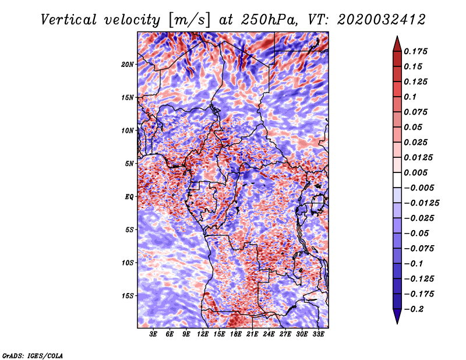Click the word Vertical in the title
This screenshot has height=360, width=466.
coord(69,20)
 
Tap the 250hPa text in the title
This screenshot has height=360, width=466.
coord(269,20)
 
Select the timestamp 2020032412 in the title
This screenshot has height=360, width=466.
coord(382,20)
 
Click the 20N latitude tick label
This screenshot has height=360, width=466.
coord(128,65)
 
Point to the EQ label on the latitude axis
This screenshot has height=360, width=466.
coord(129,197)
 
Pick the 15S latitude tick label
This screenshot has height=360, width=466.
coord(128,296)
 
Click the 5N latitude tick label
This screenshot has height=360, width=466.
coord(129,164)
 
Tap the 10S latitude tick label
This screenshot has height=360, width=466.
coord(128,263)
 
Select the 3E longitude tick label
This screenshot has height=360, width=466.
coord(153,334)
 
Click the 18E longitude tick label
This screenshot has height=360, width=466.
coord(236,334)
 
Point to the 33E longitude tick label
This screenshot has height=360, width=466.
coord(318,334)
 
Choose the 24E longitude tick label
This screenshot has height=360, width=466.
coord(269,334)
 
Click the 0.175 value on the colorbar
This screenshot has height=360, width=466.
coord(415,51)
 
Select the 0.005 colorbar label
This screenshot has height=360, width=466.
coord(415,172)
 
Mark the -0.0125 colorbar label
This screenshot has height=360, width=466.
coord(421,203)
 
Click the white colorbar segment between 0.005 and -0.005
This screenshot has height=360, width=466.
coord(397,180)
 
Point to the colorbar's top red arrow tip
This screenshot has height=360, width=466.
coord(397,36)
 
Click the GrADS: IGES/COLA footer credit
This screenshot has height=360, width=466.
coord(33,355)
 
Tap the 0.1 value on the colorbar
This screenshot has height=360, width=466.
coord(410,97)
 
